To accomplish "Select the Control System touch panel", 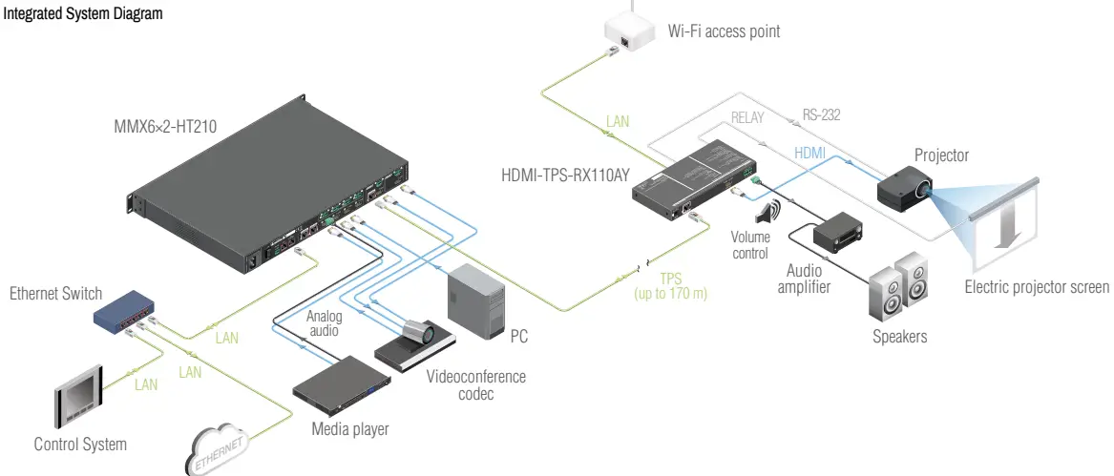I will tap(79, 394).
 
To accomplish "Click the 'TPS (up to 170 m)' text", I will tap(670, 287).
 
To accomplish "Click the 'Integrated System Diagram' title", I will tap(83, 14).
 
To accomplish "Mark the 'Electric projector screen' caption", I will tap(1037, 287).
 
